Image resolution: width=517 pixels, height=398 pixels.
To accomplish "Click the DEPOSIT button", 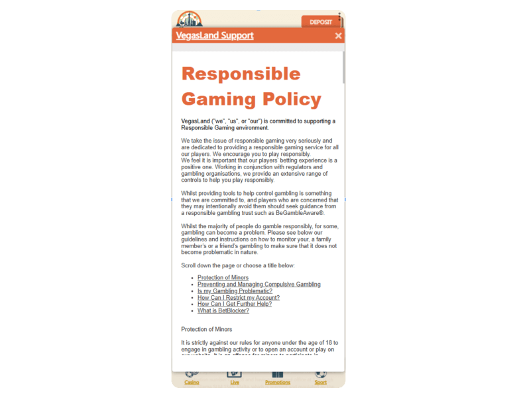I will coord(321,22).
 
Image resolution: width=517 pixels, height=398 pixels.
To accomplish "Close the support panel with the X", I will coord(338,36).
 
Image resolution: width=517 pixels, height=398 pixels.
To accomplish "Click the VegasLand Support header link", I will coord(215,35).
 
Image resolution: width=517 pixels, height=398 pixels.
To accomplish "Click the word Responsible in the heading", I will coord(241,73).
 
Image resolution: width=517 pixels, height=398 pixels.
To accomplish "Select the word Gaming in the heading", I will coord(218,99).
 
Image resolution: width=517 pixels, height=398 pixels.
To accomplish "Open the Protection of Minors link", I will coord(223,278).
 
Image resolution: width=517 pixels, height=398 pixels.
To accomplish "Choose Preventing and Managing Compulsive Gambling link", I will coord(258,285).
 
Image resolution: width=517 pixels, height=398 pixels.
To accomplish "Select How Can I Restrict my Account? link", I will coord(239,298).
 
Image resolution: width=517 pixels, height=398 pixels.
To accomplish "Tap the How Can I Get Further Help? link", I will coord(235,304).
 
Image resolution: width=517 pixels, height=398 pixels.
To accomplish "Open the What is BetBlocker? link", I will coord(223,311).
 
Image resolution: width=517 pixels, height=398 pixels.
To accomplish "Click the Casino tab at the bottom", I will coord(192,379).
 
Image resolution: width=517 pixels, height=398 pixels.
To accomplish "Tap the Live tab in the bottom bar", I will coord(234,379).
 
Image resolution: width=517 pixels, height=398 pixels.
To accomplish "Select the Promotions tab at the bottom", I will coord(278,379).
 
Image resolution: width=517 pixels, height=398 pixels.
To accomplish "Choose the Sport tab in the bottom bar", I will coord(320,379).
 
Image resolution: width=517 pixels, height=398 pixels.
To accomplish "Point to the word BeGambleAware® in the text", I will coord(302,213).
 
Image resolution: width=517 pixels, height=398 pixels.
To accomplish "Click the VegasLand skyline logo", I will coord(190,19).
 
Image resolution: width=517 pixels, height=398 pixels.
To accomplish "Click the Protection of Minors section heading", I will coord(207,329).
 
